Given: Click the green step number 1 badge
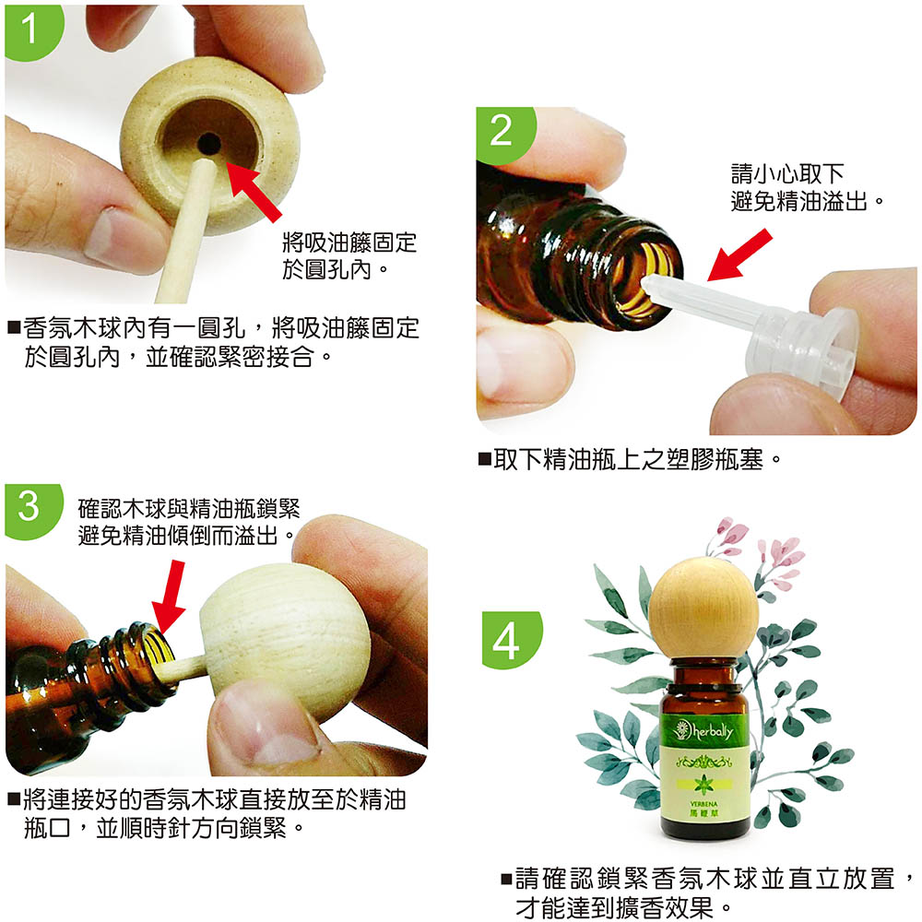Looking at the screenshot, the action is tap(32, 31).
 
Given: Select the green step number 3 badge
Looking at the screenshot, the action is tap(31, 510).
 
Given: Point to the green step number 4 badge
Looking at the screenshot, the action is tap(510, 639).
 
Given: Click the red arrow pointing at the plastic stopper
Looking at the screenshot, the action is tap(739, 254).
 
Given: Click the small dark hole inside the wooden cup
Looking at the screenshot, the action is tap(208, 144).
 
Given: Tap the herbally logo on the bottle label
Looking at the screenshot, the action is tap(704, 731).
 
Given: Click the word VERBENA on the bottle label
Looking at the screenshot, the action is tap(703, 804).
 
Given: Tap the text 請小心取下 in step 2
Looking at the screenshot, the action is tap(787, 174).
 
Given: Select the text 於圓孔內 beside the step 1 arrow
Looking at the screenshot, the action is tap(327, 270).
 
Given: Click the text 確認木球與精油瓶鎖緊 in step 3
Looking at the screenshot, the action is tap(189, 509).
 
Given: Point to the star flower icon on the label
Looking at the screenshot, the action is tap(703, 785).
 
